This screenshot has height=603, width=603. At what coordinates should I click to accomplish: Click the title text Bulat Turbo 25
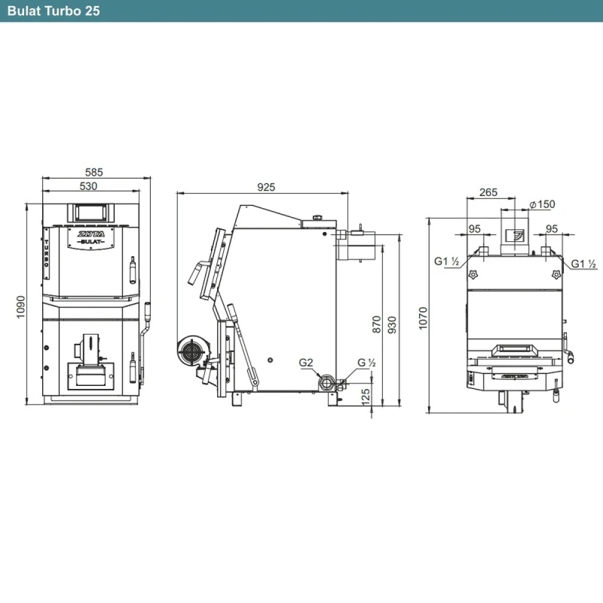[x=54, y=11]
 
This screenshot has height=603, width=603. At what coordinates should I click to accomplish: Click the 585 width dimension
[x=94, y=172]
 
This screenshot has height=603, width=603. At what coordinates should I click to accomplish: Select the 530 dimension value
[x=88, y=186]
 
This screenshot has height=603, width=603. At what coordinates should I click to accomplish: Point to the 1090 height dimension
[x=21, y=306]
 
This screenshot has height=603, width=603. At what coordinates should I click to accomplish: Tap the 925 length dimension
[x=266, y=188]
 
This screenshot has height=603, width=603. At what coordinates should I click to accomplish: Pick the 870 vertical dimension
[x=376, y=324]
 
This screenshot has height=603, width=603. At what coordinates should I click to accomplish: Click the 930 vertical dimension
[x=392, y=324]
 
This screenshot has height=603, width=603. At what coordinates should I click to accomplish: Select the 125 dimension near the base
[x=366, y=397]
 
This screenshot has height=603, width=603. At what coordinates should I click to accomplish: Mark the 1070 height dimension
[x=423, y=318]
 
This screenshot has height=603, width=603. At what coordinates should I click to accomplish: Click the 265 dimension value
[x=488, y=192]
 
